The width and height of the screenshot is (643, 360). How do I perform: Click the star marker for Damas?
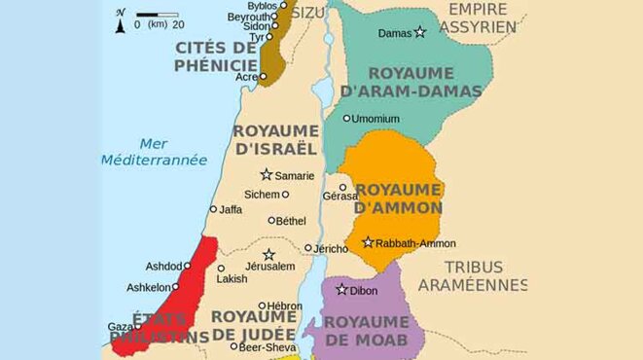420,32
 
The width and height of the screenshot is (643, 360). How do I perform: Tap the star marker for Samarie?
266,174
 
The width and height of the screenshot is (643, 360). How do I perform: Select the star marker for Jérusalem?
268,255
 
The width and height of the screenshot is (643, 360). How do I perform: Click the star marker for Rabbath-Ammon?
368,242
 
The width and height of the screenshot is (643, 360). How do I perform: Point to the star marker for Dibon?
341,289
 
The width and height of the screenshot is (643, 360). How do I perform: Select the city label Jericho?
332,248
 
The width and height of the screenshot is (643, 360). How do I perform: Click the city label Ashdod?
161,267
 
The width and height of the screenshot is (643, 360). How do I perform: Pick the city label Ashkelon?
147,287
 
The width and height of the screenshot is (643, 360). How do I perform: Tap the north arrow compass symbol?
120,19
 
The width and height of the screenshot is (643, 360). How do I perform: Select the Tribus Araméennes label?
473,275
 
